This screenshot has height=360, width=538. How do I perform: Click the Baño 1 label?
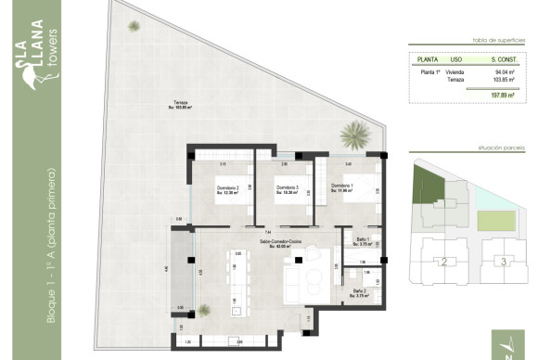point(363,240)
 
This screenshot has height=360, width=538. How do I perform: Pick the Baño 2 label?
point(359,291)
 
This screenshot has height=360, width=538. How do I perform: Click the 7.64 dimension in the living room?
point(268,231)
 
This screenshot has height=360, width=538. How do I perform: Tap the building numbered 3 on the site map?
point(503,262)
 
